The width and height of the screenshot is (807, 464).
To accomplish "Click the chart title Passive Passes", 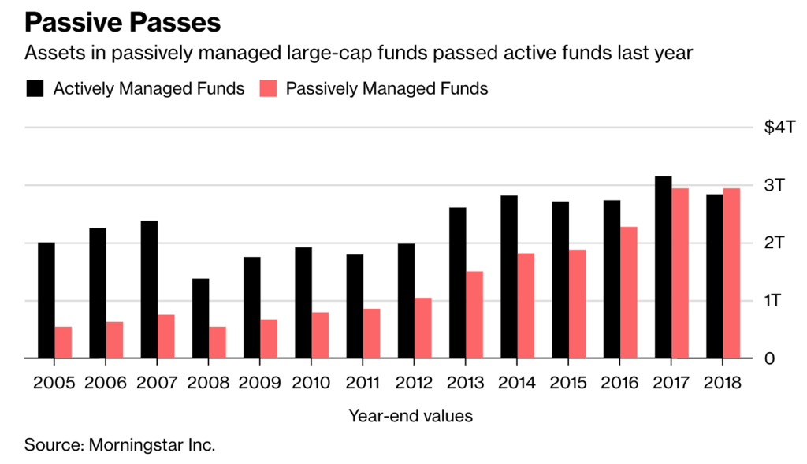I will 122,21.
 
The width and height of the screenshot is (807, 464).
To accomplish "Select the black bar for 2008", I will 201,318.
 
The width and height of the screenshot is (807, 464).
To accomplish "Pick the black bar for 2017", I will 664,267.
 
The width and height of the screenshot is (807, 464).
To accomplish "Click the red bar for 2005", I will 64,343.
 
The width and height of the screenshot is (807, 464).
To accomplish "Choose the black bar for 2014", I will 509,277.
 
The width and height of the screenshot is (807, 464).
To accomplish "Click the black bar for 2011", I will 355,306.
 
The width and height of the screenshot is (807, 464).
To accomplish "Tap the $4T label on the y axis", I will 781,128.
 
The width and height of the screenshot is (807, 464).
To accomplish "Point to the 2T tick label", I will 775,243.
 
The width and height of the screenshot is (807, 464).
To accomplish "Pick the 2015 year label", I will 569,384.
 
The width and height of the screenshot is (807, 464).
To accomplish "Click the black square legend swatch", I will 35,88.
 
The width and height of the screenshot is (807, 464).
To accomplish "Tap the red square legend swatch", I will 268,88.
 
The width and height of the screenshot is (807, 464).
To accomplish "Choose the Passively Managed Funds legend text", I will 387,88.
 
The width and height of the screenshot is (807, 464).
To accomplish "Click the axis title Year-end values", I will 411,415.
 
